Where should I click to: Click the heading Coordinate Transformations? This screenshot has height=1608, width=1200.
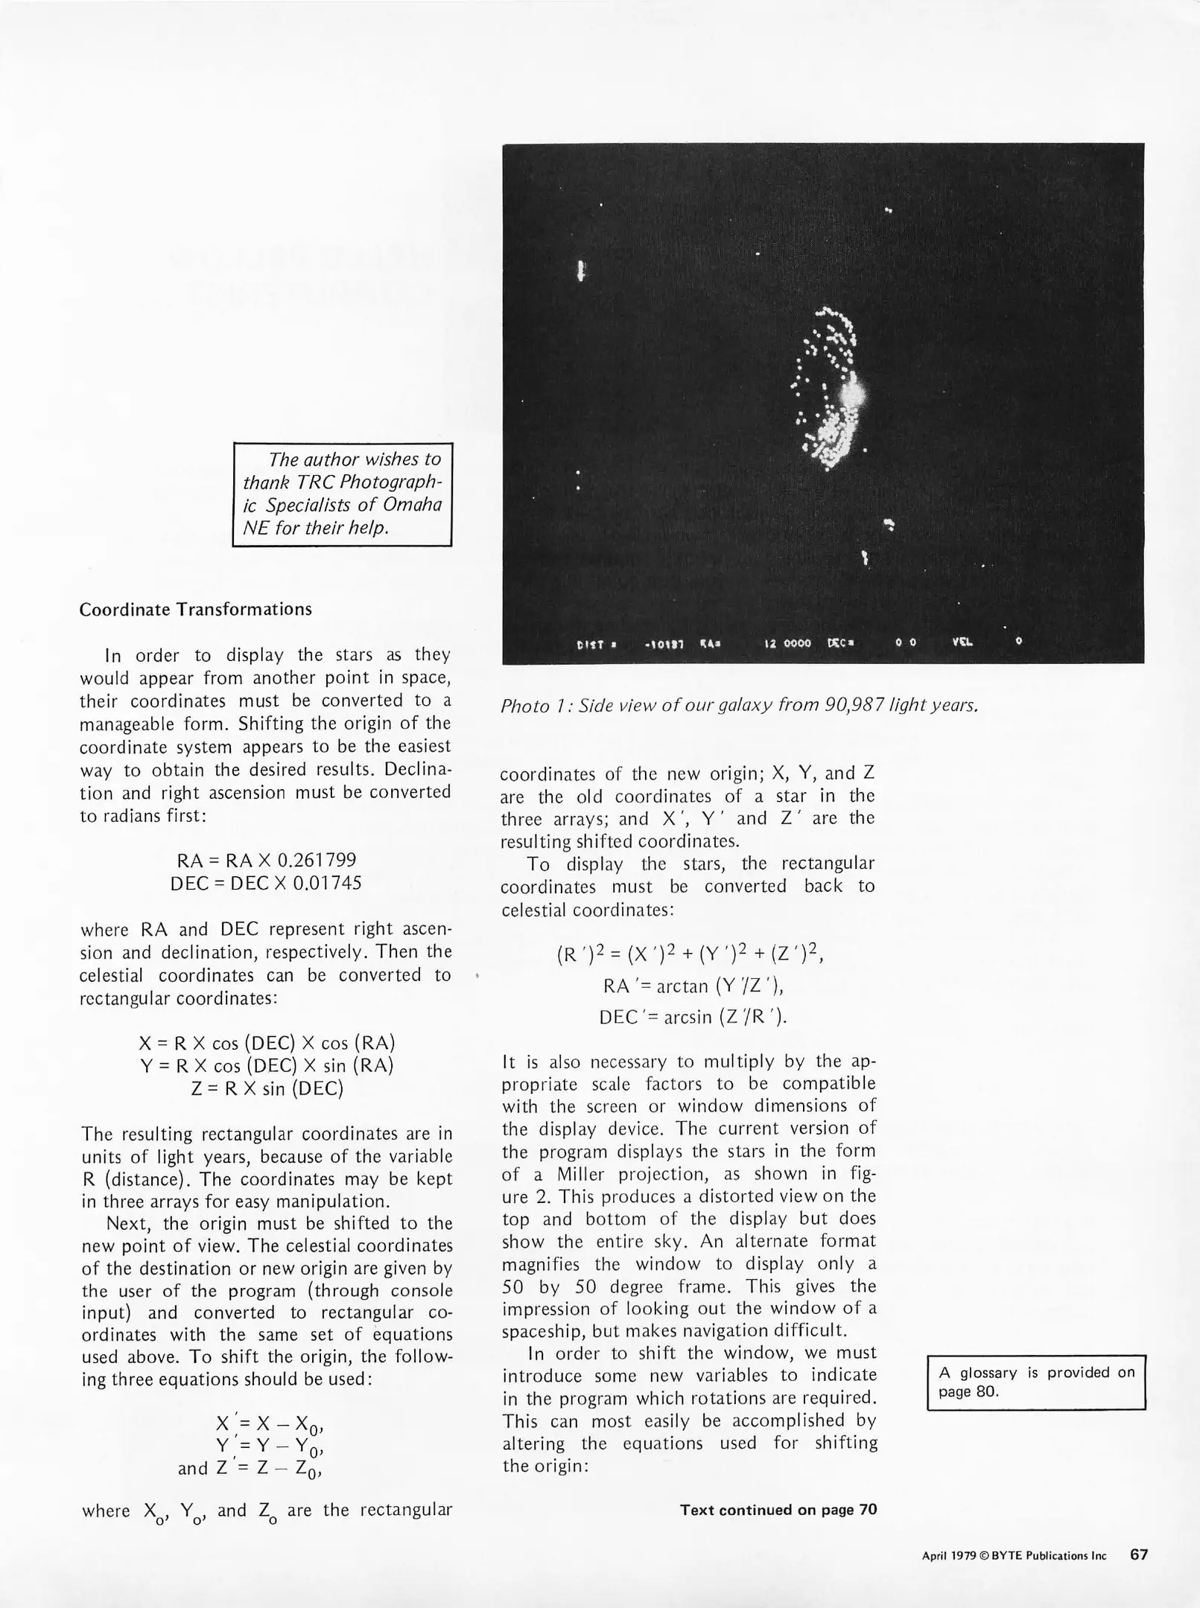click(x=195, y=609)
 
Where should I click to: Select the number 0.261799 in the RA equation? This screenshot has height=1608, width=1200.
click(x=317, y=861)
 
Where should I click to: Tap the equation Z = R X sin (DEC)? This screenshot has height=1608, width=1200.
click(x=267, y=1088)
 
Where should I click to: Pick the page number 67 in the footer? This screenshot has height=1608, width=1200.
click(x=1139, y=1555)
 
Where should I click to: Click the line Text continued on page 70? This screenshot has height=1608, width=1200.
click(x=778, y=1510)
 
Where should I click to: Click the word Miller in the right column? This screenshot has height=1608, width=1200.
click(x=583, y=1174)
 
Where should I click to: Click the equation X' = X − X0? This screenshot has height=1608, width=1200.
click(x=267, y=1423)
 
